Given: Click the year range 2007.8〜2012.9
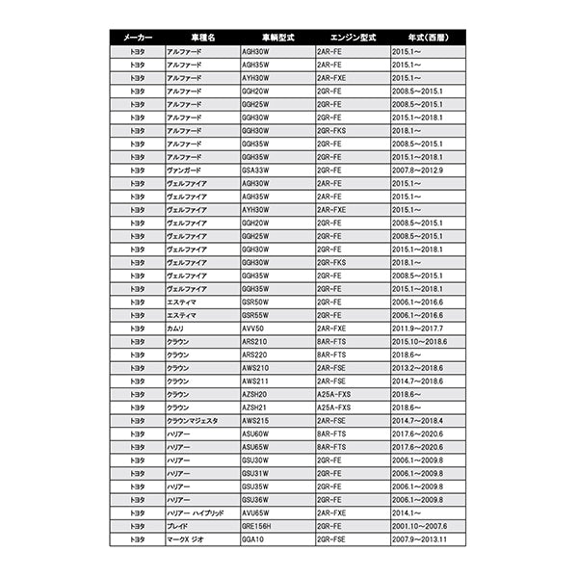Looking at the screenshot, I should coord(418,170).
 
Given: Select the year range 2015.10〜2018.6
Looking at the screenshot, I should coord(420,341).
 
